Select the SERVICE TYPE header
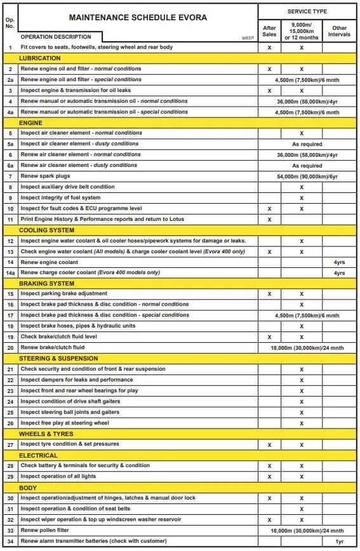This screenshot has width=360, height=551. tap(307, 11)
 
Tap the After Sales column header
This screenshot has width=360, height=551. tap(269, 30)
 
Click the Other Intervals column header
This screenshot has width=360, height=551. tap(339, 30)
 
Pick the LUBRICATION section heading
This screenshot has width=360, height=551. tap(40, 58)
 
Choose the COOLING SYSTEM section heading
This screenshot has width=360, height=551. tap(47, 230)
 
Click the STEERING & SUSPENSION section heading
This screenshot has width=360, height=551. tap(59, 358)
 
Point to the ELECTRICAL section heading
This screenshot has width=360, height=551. tap(39, 455)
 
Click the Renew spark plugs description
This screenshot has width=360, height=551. tap(54, 176)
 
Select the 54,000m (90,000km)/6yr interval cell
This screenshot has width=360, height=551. tap(307, 176)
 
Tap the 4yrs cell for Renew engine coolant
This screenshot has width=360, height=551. tap(339, 262)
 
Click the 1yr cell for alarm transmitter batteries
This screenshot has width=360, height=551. tap(339, 541)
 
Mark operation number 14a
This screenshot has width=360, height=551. tap(10, 273)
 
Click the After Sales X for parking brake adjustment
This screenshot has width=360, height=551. tap(269, 294)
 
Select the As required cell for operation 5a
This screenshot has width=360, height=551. tap(307, 144)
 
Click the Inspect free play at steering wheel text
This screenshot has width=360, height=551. tap(65, 423)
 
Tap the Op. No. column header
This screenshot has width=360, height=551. tap(9, 24)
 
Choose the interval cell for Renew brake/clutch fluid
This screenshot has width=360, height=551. tap(307, 348)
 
